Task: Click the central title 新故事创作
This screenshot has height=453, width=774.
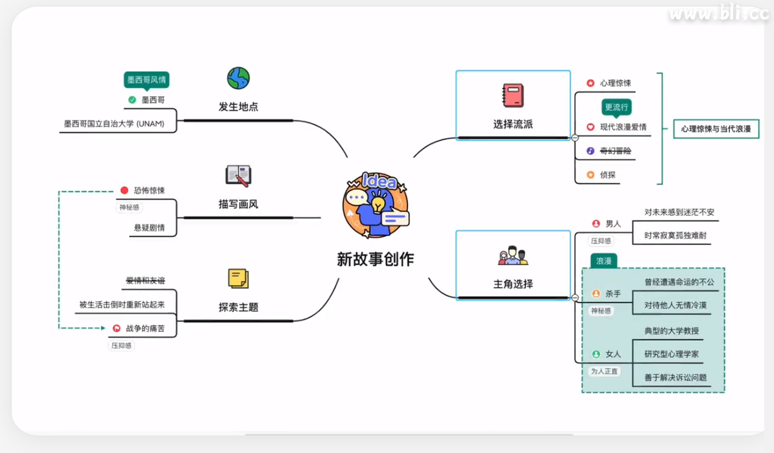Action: pyautogui.click(x=375, y=259)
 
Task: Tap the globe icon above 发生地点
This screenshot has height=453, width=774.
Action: pyautogui.click(x=238, y=78)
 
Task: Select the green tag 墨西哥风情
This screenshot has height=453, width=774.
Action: pyautogui.click(x=147, y=80)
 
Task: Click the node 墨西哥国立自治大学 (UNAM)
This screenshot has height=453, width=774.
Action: pyautogui.click(x=114, y=123)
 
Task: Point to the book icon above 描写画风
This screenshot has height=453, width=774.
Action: pyautogui.click(x=238, y=176)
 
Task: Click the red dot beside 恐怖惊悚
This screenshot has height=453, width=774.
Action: pyautogui.click(x=125, y=191)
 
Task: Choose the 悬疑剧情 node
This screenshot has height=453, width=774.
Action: pyautogui.click(x=149, y=227)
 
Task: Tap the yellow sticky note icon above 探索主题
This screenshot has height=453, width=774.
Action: pyautogui.click(x=238, y=279)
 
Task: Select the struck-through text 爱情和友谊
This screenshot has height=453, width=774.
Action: pyautogui.click(x=145, y=281)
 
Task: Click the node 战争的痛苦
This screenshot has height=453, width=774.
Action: pyautogui.click(x=145, y=329)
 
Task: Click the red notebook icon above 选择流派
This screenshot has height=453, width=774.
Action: pyautogui.click(x=513, y=95)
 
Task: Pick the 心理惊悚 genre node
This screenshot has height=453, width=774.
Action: pyautogui.click(x=615, y=83)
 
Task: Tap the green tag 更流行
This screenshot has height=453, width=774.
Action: pyautogui.click(x=616, y=107)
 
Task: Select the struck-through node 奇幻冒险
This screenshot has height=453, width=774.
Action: pyautogui.click(x=615, y=151)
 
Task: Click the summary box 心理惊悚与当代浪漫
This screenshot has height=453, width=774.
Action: pyautogui.click(x=716, y=129)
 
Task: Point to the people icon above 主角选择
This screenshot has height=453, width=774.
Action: pyautogui.click(x=513, y=256)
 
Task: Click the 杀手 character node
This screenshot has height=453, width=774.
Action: pyautogui.click(x=613, y=294)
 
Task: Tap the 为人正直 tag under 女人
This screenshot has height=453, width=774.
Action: pyautogui.click(x=604, y=371)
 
